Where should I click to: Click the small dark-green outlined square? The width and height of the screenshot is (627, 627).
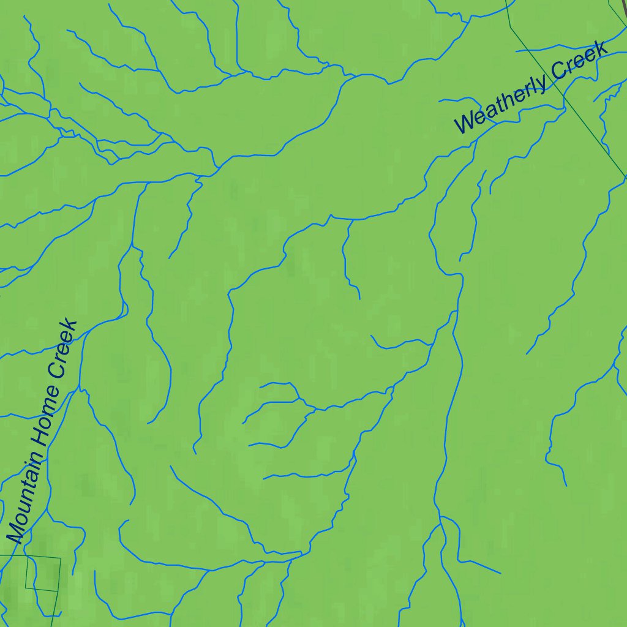pyautogui.click(x=43, y=574)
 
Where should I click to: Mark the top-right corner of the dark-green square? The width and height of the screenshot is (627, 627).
pyautogui.click(x=61, y=558)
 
